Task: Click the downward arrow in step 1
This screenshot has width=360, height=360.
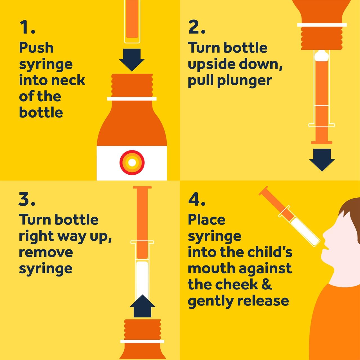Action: pos(132,60)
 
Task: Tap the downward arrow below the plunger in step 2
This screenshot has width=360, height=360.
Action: pos(322,160)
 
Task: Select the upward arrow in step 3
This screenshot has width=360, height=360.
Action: pos(142,306)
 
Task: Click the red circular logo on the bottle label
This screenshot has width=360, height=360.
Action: pos(132,163)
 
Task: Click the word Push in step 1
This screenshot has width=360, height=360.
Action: pos(37,48)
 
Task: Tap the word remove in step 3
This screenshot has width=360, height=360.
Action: pos(46,252)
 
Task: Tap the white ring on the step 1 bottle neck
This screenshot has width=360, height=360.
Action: pos(132,99)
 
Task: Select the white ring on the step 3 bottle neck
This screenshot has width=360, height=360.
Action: pos(142,341)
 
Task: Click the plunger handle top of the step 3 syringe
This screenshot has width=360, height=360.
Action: pos(142,187)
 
